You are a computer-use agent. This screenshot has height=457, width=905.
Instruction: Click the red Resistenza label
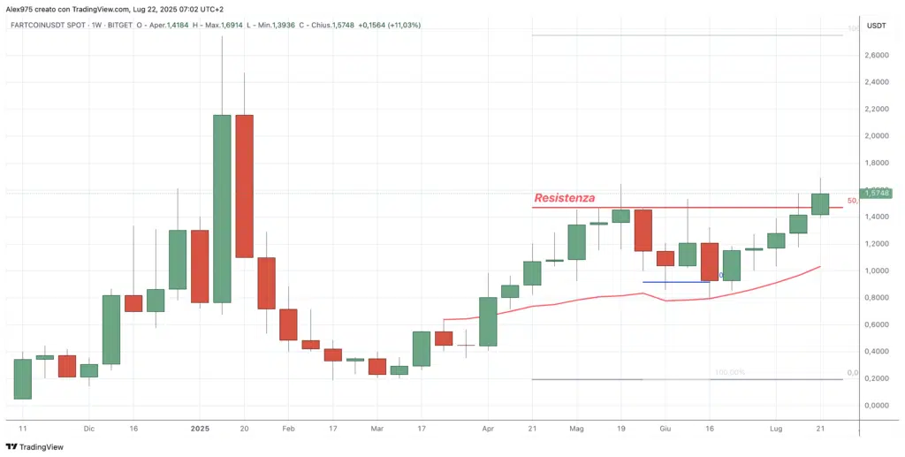tap(564, 198)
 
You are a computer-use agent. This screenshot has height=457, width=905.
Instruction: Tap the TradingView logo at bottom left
tap(38, 447)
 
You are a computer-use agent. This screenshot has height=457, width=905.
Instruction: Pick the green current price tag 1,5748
tap(877, 193)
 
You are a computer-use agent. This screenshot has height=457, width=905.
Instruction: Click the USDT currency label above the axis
tap(876, 26)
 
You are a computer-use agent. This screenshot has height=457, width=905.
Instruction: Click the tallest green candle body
tap(222, 209)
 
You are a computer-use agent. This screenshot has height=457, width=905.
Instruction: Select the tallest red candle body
tap(245, 186)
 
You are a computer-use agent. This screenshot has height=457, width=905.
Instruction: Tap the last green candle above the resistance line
tap(820, 203)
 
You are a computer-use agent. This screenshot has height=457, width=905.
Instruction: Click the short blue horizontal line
tap(676, 282)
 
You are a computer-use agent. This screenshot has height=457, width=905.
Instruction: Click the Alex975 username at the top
tap(21, 8)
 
